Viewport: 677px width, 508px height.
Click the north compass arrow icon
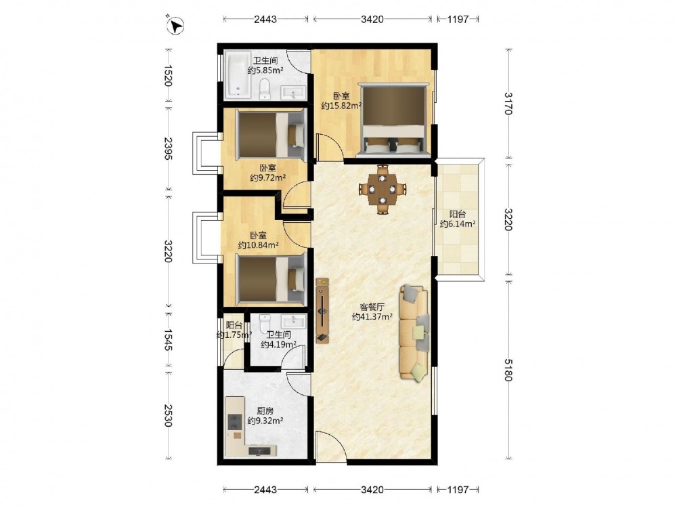click(175, 24)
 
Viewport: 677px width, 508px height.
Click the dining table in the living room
click(383, 189)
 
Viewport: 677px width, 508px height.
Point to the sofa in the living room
click(414, 333)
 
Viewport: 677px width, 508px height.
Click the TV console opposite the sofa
click(322, 311)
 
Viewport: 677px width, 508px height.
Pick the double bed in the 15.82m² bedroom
click(393, 119)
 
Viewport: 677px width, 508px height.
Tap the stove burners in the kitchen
click(234, 421)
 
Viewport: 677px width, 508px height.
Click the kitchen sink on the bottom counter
click(259, 451)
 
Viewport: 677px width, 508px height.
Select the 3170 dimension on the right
click(508, 104)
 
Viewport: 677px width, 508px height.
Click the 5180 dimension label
click(508, 371)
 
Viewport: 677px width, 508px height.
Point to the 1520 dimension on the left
click(168, 76)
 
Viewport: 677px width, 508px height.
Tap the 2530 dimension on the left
click(168, 416)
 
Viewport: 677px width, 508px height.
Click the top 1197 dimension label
click(458, 19)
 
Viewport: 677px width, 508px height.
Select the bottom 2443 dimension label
click(265, 490)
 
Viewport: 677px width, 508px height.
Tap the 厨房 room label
click(265, 410)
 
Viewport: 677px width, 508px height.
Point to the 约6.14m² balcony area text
click(458, 224)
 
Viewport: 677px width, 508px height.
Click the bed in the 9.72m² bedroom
click(271, 135)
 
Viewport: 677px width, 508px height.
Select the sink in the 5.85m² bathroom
click(293, 93)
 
